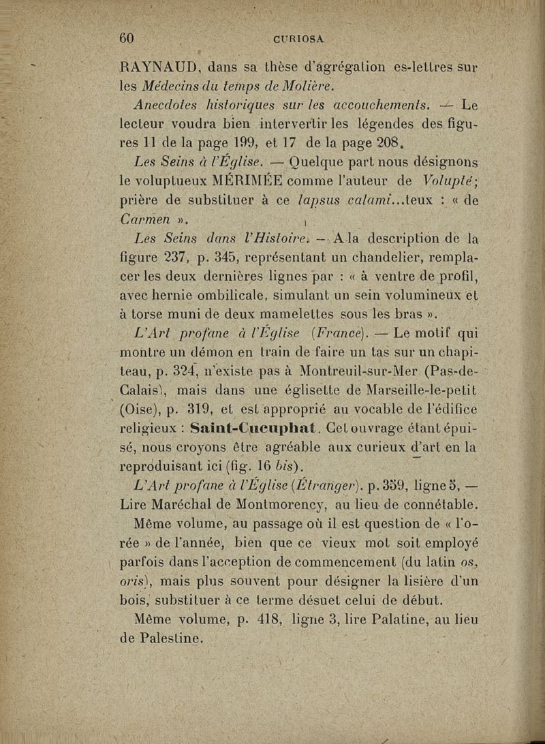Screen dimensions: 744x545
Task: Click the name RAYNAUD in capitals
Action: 159,67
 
